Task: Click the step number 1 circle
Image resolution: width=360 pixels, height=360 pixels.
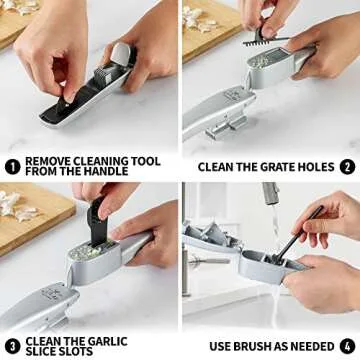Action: click(12, 166)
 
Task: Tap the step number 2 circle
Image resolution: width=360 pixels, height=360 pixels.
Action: click(346, 166)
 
